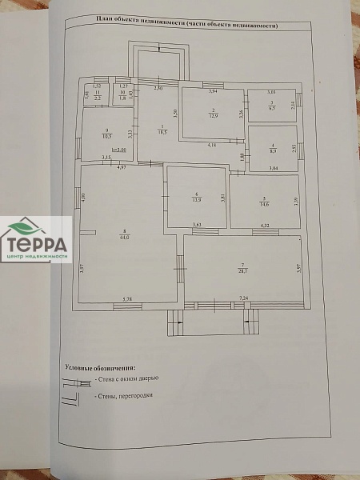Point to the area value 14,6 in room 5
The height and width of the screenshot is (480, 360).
click(x=263, y=205)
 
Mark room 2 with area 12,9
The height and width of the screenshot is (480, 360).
click(x=212, y=114)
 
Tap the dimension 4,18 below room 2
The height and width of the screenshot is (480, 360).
click(x=211, y=145)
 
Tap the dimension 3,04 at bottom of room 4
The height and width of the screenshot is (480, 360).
click(x=272, y=168)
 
